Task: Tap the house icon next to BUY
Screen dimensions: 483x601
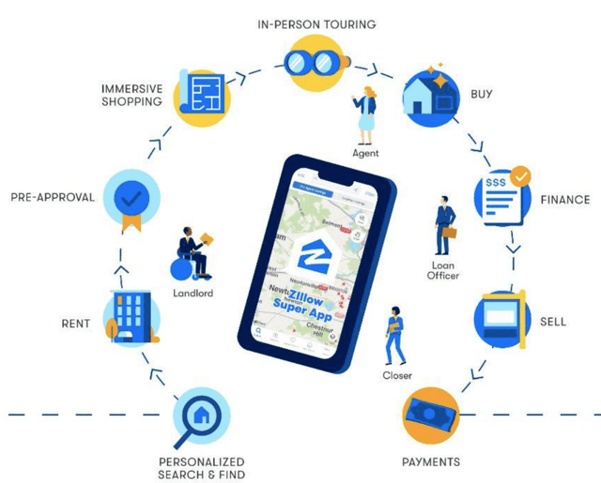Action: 431,94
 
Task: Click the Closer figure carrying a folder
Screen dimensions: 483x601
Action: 396,334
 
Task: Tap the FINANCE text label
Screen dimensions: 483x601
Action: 564,200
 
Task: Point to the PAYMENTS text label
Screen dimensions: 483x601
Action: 430,461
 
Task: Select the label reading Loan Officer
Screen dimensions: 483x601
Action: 443,270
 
